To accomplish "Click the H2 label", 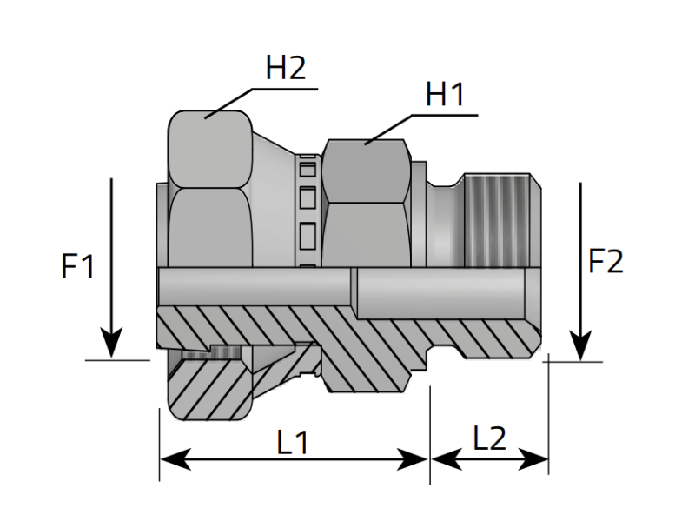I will (x=286, y=69).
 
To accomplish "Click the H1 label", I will (x=445, y=94).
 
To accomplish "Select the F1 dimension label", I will (x=78, y=266).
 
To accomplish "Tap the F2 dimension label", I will (x=606, y=261).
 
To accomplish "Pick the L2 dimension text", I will (x=490, y=439).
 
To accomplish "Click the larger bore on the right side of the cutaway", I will (x=439, y=294).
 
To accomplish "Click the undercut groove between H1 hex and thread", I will (x=445, y=222).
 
